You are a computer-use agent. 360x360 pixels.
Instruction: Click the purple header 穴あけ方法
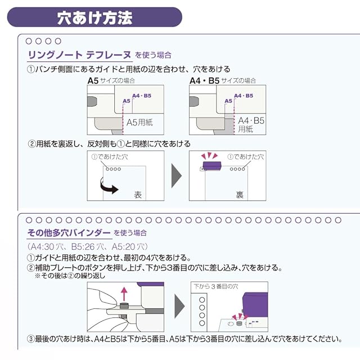click(x=94, y=17)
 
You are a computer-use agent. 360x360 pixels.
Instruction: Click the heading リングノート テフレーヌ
click(x=79, y=55)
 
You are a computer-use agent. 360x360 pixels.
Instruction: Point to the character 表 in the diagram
click(x=138, y=195)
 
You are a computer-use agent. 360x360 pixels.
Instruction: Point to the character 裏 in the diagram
click(x=240, y=195)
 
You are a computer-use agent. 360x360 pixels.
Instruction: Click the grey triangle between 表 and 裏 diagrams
click(x=177, y=176)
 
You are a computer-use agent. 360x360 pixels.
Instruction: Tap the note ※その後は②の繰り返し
click(x=70, y=276)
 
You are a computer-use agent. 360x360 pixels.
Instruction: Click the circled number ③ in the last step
click(x=31, y=339)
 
